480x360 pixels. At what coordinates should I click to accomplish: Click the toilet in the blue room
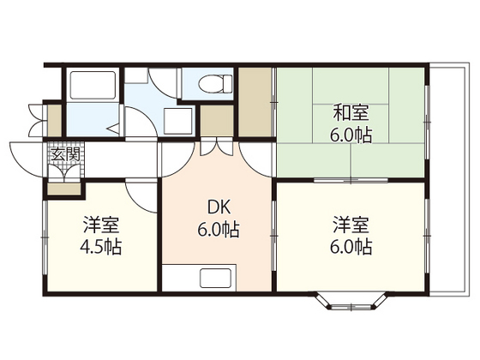(x=215, y=83)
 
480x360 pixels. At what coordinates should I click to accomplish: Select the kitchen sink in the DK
(x=215, y=278)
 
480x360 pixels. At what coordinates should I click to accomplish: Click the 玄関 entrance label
(x=65, y=154)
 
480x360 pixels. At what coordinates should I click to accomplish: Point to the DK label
(x=219, y=207)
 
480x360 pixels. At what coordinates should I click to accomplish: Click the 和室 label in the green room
(x=351, y=112)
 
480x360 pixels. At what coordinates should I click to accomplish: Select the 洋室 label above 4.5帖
(x=101, y=225)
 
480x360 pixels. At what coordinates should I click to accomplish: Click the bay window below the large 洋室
(x=351, y=302)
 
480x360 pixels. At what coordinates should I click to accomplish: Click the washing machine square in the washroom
(x=178, y=121)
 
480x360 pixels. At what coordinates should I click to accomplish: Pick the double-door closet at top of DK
(x=217, y=147)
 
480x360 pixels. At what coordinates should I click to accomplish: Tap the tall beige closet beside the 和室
(x=255, y=102)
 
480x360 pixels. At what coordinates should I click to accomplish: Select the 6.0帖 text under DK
(x=218, y=230)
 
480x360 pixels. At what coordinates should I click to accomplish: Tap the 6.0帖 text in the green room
(x=351, y=135)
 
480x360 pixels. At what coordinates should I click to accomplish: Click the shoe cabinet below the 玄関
(x=64, y=189)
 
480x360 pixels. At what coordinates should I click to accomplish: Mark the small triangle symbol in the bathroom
(x=113, y=129)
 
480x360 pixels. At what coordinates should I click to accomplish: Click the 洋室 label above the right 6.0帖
(x=351, y=225)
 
